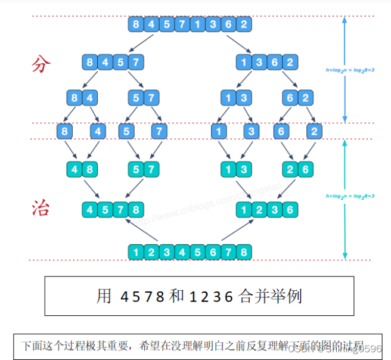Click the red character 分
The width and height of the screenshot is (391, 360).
pos(41,64)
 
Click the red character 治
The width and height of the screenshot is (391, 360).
pos(41,207)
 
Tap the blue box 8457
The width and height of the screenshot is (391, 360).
pos(113,61)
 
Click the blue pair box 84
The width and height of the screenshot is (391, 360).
pos(83,97)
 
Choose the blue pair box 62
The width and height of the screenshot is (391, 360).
pos(296,97)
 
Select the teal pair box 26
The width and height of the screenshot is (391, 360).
pos(296,169)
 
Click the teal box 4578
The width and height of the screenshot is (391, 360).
pos(113,209)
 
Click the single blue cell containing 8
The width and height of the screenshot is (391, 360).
pos(65,131)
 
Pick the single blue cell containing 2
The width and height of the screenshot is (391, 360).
pos(314,131)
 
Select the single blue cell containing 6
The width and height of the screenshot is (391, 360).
pos(282,131)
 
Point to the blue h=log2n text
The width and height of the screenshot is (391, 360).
pos(350,70)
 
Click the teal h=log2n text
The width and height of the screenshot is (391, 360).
pos(350,195)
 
